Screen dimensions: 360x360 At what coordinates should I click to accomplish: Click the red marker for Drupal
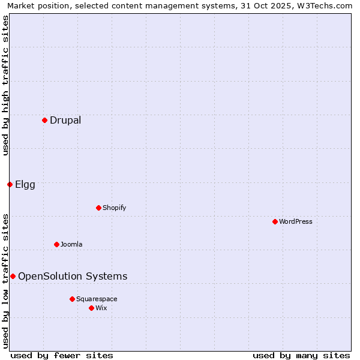coord(44,120)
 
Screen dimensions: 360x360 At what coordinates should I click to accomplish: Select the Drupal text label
coord(65,120)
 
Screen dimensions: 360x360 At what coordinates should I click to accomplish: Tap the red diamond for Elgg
coord(10,184)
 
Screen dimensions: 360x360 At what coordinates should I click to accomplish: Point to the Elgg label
coord(25,185)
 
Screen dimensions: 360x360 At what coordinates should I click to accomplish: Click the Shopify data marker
coord(98,208)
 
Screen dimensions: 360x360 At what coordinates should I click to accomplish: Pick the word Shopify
coord(115,208)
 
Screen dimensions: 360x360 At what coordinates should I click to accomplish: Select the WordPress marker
coord(275,221)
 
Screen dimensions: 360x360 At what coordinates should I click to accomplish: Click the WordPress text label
coord(296,221)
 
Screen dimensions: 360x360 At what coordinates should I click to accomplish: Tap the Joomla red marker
coord(56,244)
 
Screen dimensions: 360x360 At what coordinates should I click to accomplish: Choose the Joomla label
coord(71,244)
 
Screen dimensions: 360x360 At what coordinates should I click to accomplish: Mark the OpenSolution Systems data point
coord(13,276)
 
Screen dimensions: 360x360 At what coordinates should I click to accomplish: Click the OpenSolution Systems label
coord(73,276)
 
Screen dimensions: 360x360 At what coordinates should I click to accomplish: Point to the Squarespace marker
coord(72,299)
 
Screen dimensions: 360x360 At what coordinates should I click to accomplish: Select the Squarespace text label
coord(97,299)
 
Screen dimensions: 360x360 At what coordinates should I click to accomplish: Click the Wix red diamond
coord(91,308)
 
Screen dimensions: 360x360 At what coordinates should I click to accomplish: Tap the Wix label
coord(101,308)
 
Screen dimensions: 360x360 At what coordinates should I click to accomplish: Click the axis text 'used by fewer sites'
coord(62,355)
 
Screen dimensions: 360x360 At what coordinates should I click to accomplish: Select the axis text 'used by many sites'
coord(301,355)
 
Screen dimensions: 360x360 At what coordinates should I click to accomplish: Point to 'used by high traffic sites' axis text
coord(5,85)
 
